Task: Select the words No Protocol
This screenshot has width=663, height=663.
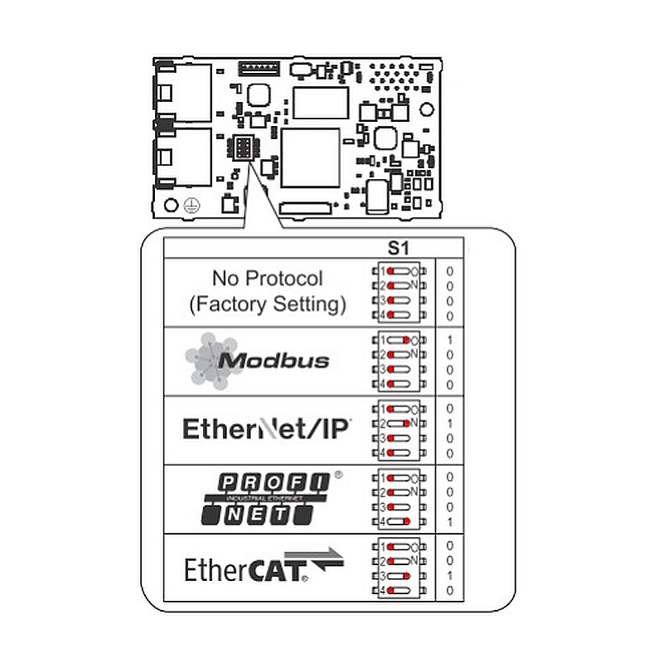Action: point(267,278)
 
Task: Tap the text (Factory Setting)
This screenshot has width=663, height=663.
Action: point(267,304)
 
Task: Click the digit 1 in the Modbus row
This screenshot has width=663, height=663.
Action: point(449,340)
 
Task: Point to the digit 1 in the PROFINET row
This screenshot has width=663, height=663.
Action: point(449,522)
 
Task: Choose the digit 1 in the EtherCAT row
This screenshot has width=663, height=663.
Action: point(449,575)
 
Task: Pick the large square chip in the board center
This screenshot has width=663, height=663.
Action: point(311,157)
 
